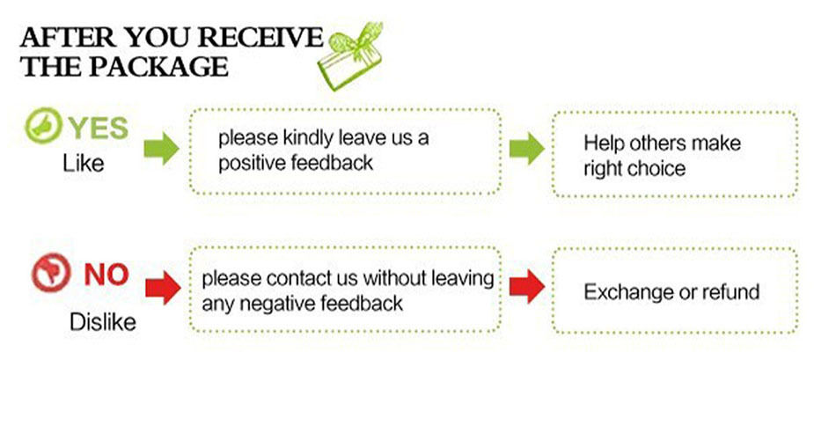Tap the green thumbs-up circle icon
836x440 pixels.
click(40, 128)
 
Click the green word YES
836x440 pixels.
click(98, 128)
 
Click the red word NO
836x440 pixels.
click(106, 275)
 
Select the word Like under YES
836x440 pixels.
click(84, 164)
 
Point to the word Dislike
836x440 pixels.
click(103, 322)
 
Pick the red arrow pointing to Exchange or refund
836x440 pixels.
click(526, 287)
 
